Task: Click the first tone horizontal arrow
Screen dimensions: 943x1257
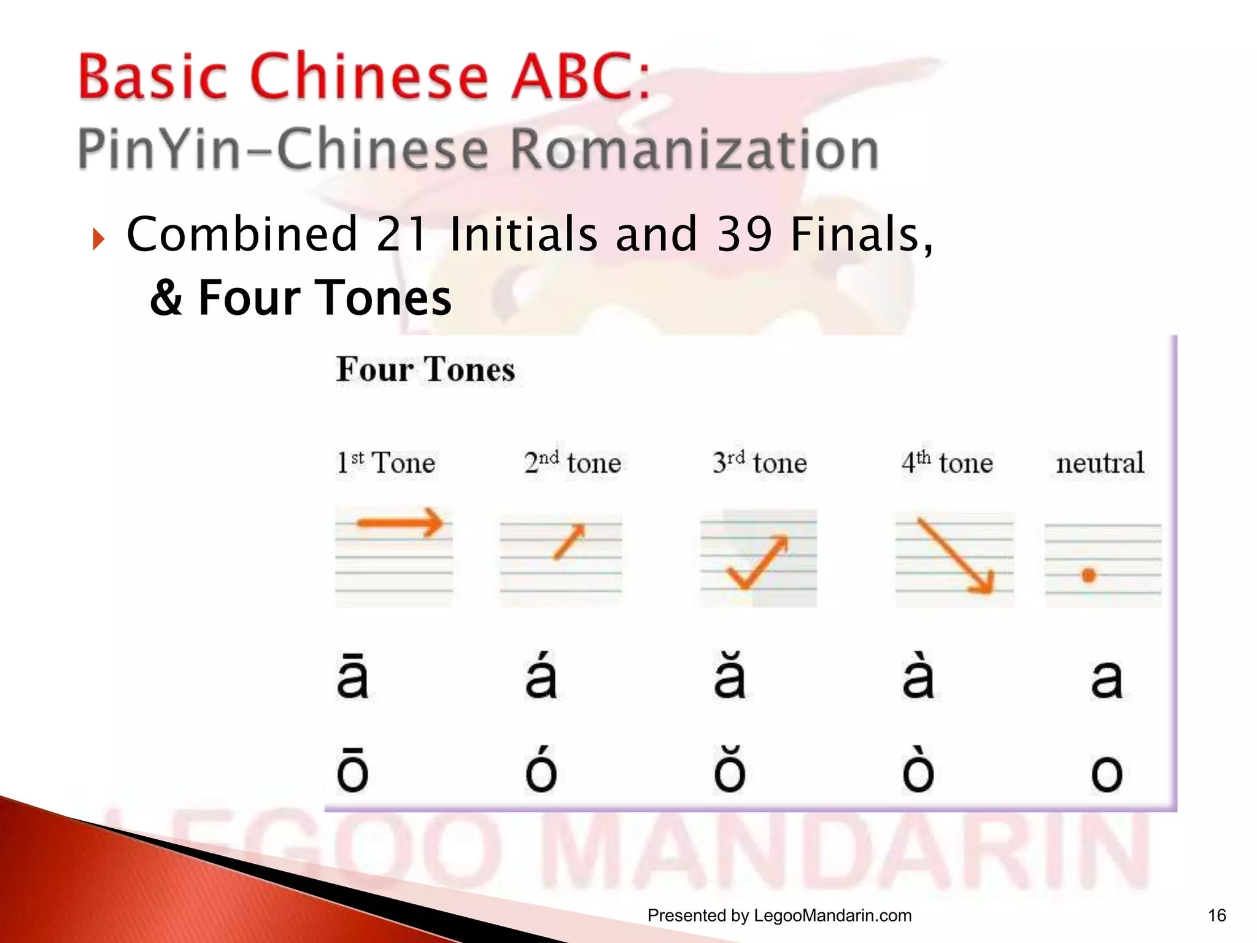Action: (x=400, y=523)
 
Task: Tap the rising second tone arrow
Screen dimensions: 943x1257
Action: (x=569, y=541)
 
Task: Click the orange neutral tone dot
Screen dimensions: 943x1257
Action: (x=1089, y=575)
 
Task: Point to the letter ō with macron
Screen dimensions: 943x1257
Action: (x=353, y=770)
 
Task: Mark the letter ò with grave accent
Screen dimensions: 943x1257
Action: (x=918, y=770)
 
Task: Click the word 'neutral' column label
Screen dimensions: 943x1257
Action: (x=1100, y=463)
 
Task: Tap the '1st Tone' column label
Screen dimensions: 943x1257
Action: (x=386, y=462)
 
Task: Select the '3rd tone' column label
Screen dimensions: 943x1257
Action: (x=760, y=462)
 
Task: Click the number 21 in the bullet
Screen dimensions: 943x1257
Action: (x=402, y=235)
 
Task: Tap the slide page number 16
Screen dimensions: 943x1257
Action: (x=1216, y=915)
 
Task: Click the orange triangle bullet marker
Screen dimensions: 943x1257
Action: (x=98, y=239)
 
